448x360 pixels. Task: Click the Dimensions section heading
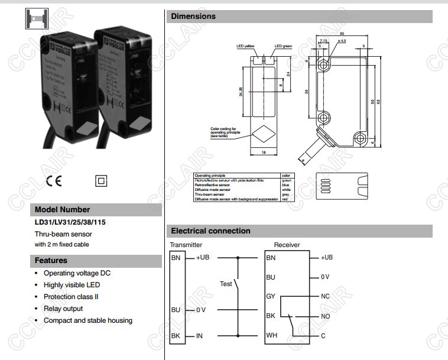pyautogui.click(x=193, y=17)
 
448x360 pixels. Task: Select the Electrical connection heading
pyautogui.click(x=210, y=231)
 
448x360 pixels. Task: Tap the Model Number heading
pyautogui.click(x=63, y=210)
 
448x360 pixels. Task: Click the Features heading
pyautogui.click(x=51, y=261)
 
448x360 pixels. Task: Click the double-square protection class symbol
pyautogui.click(x=100, y=181)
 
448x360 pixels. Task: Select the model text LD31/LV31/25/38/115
pyautogui.click(x=72, y=223)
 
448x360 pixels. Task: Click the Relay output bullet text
pyautogui.click(x=63, y=309)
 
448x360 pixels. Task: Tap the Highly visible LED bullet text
pyautogui.click(x=72, y=285)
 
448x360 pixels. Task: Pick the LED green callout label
pyautogui.click(x=283, y=46)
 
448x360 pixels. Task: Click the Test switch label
pyautogui.click(x=226, y=284)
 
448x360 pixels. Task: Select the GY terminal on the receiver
pyautogui.click(x=271, y=296)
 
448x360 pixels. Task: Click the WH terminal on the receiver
pyautogui.click(x=271, y=336)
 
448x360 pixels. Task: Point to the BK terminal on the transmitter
pyautogui.click(x=176, y=336)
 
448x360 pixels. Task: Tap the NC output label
pyautogui.click(x=325, y=296)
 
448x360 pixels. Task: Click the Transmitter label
pyautogui.click(x=186, y=245)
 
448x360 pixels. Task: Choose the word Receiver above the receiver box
pyautogui.click(x=287, y=245)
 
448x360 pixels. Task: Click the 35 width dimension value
pyautogui.click(x=342, y=34)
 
